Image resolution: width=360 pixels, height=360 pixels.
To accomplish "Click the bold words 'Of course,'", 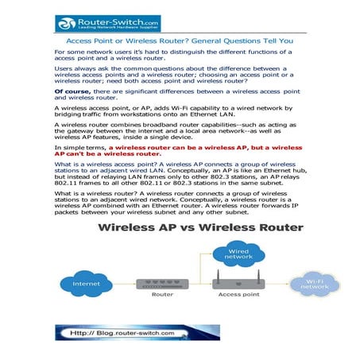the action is pos(72,92).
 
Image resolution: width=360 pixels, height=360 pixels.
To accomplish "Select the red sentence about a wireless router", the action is pos(179,151).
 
